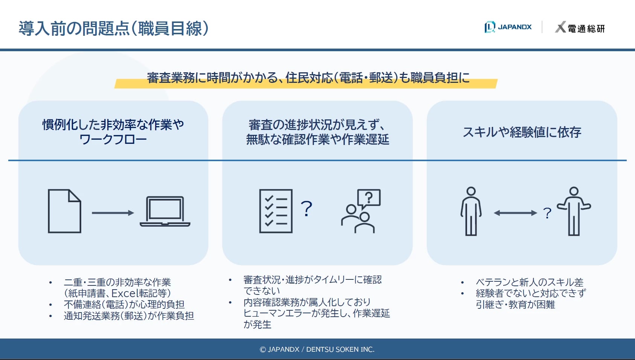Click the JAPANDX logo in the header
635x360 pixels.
[x=508, y=27]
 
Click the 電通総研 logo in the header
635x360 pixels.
[x=580, y=27]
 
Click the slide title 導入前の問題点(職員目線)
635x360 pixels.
[x=114, y=28]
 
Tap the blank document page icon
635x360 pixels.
[x=65, y=211]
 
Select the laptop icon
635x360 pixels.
[x=165, y=211]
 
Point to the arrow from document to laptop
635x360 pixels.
[x=113, y=213]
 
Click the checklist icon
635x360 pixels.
[x=276, y=211]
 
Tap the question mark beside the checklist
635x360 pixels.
[x=306, y=209]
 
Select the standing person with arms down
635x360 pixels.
[x=471, y=211]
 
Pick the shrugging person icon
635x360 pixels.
[x=574, y=211]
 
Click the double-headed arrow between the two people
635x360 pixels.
[x=515, y=213]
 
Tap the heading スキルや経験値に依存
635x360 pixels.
[x=522, y=132]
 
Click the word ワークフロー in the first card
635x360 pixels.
[x=113, y=139]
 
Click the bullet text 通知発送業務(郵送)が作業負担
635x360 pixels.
[x=129, y=316]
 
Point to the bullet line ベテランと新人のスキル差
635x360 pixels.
[x=530, y=282]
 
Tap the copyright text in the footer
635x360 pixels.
[x=317, y=349]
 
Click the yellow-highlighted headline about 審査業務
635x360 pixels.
[x=308, y=78]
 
